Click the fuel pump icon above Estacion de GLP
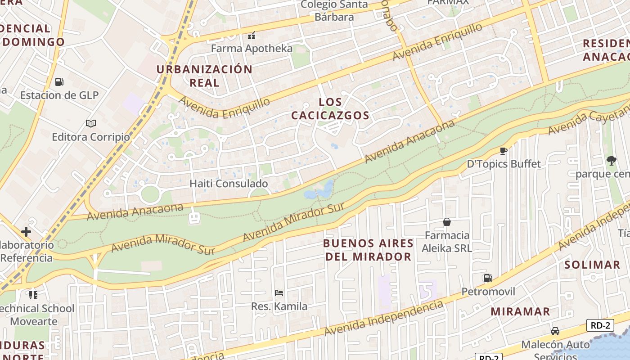pos(59,82)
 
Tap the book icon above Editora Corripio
pos(91,123)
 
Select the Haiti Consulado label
pos(229,184)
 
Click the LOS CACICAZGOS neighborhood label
pos(330,109)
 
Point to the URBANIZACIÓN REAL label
pos(204,76)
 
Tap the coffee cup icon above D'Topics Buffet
pos(503,151)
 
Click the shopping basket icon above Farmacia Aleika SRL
pos(447,222)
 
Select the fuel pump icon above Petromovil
pos(488,278)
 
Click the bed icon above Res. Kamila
pos(279,293)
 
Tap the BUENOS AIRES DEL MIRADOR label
pos(368,250)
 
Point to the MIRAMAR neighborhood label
pos(520,311)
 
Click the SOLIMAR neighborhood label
pos(592,265)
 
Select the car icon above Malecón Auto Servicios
pos(555,331)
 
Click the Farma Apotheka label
pos(252,49)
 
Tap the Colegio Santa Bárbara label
pos(334,11)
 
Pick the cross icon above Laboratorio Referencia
pos(26,232)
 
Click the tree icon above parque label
pos(611,160)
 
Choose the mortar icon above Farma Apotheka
pos(252,35)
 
